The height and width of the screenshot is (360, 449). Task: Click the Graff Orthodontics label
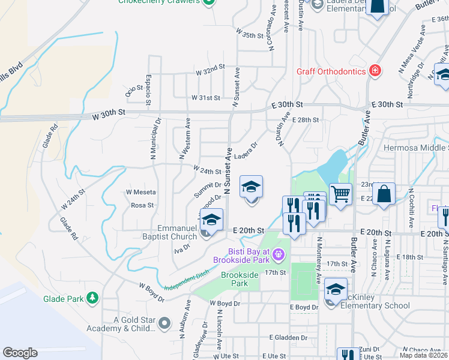click(x=331, y=71)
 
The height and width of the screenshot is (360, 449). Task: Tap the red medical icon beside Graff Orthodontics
click(x=375, y=71)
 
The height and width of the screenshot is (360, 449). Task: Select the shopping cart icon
click(x=341, y=194)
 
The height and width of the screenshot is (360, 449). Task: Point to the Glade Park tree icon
click(x=92, y=298)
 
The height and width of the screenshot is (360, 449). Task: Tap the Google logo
click(x=20, y=353)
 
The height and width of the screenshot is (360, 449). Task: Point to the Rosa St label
click(x=142, y=205)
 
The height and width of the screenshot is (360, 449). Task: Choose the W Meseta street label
click(x=140, y=192)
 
